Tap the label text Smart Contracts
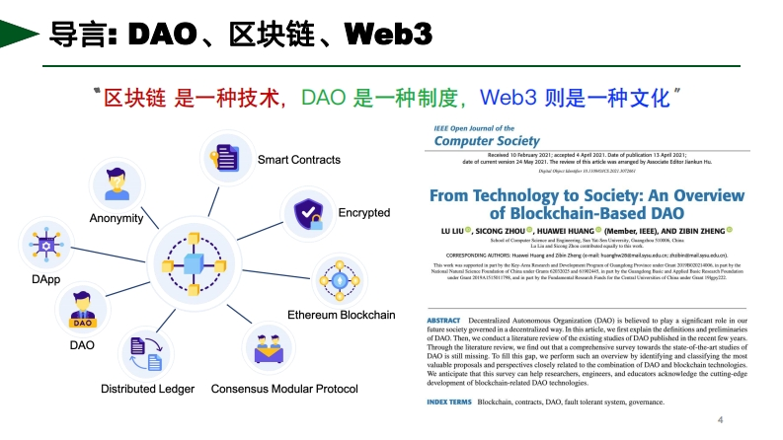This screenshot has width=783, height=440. click(299, 160)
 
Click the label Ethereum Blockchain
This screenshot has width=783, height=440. click(341, 315)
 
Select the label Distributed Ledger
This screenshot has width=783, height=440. click(148, 389)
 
